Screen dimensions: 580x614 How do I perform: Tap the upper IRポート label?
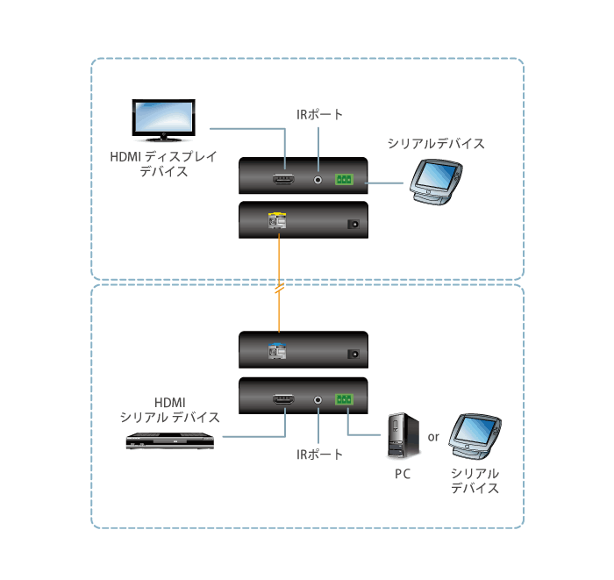(320, 115)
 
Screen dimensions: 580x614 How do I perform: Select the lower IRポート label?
(320, 455)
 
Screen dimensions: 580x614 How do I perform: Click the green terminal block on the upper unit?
(343, 180)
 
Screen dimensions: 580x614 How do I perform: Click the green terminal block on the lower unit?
(343, 399)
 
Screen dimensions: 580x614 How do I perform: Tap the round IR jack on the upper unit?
(318, 180)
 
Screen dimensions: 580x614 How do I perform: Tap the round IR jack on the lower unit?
(318, 399)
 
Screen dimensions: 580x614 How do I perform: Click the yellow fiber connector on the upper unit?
(277, 223)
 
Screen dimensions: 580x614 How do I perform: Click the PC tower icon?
(400, 436)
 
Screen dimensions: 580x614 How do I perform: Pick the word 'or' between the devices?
(433, 436)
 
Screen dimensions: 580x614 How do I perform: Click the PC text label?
(402, 475)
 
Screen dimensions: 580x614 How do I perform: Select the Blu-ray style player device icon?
(170, 440)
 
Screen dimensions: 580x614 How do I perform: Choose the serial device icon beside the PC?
(474, 436)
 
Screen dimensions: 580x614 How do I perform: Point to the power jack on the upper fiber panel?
(354, 224)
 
